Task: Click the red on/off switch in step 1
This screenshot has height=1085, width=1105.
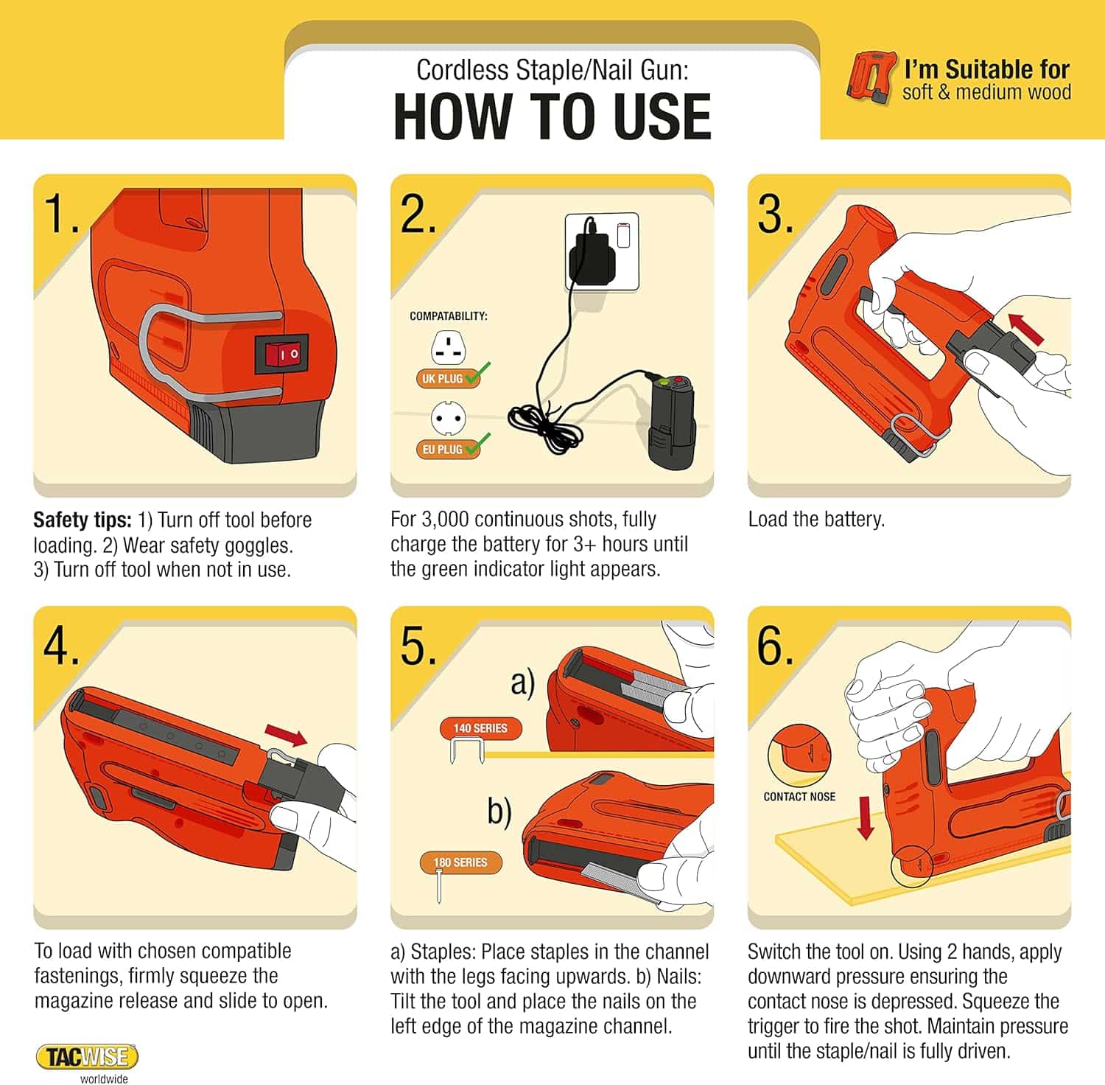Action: (x=282, y=354)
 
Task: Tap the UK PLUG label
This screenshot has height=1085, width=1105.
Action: (x=442, y=379)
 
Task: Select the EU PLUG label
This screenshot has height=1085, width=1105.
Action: (x=442, y=449)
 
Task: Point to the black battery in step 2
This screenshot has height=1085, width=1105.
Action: (x=671, y=420)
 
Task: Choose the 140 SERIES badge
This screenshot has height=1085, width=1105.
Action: (x=480, y=728)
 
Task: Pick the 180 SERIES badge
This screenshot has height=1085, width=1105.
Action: (x=460, y=862)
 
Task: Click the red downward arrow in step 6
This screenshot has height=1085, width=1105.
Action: (x=866, y=819)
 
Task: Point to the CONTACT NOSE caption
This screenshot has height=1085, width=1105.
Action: (x=799, y=797)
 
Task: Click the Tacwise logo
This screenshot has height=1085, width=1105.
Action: (x=87, y=1057)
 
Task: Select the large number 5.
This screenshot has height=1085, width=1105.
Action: (x=418, y=646)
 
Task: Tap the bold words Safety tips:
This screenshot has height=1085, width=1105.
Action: (x=82, y=520)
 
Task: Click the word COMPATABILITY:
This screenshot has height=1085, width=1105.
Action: (x=448, y=315)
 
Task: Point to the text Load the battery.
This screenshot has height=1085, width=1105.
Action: (x=815, y=519)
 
